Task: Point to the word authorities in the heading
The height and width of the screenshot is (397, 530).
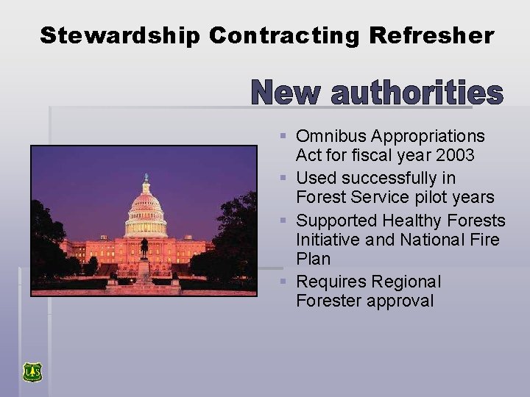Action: pyautogui.click(x=417, y=93)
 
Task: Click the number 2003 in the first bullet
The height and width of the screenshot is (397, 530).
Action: pyautogui.click(x=454, y=155)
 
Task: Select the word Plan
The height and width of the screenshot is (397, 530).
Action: pyautogui.click(x=313, y=259)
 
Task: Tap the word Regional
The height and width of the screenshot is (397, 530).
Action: pyautogui.click(x=406, y=282)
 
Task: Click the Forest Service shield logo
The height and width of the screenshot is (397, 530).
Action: pyautogui.click(x=32, y=372)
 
